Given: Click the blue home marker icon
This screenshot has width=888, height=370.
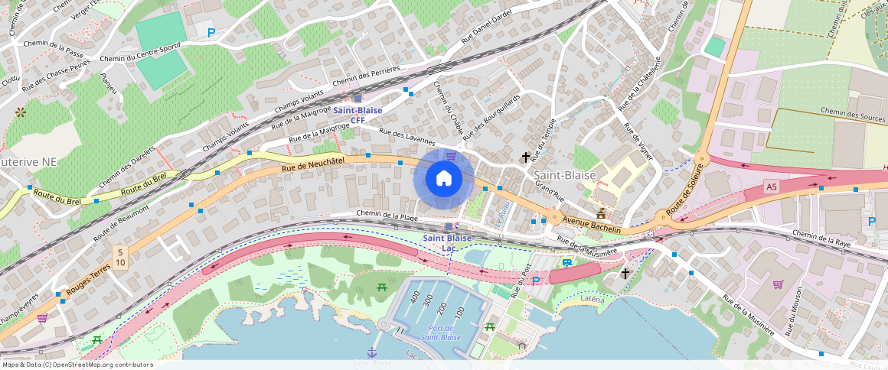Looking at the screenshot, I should pyautogui.click(x=443, y=179).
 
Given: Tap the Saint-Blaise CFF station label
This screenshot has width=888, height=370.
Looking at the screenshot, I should pyautogui.click(x=357, y=115).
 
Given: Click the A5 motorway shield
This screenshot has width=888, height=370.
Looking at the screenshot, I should pyautogui.click(x=771, y=186).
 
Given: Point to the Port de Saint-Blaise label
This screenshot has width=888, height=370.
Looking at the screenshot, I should pyautogui.click(x=440, y=333).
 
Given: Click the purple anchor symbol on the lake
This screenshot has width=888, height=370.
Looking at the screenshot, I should pyautogui.click(x=372, y=352).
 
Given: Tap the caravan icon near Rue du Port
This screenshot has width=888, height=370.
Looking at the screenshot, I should pyautogui.click(x=567, y=263).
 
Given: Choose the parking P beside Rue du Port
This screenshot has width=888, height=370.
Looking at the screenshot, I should pyautogui.click(x=536, y=281).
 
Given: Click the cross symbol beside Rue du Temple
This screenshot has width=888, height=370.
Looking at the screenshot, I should pyautogui.click(x=526, y=157).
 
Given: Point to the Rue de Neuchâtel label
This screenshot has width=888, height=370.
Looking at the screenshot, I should pyautogui.click(x=313, y=163).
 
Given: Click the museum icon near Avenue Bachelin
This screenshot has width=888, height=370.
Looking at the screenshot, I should pyautogui.click(x=602, y=213).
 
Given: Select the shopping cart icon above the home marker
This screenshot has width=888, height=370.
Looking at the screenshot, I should pyautogui.click(x=451, y=156).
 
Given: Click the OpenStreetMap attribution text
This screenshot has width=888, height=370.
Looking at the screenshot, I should pyautogui.click(x=77, y=365).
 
